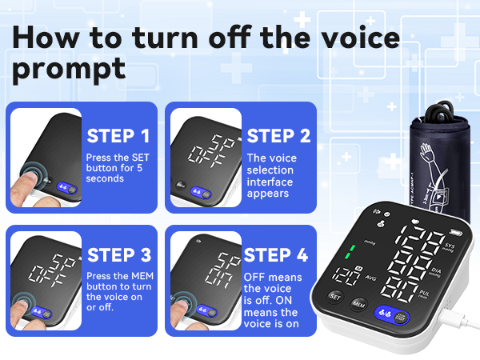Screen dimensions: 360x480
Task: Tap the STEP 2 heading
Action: (x=278, y=134)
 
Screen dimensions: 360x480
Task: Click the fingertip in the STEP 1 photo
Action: (x=28, y=181)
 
